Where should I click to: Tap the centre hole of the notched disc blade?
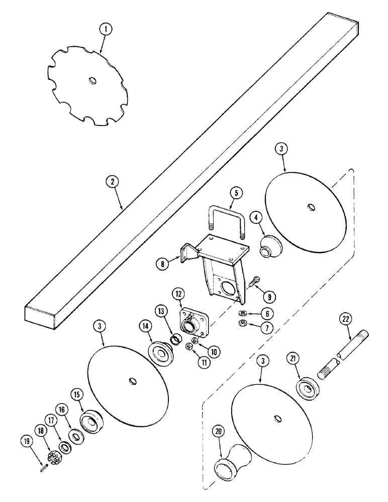pos(91,80)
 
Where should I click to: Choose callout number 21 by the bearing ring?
pos(292,358)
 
